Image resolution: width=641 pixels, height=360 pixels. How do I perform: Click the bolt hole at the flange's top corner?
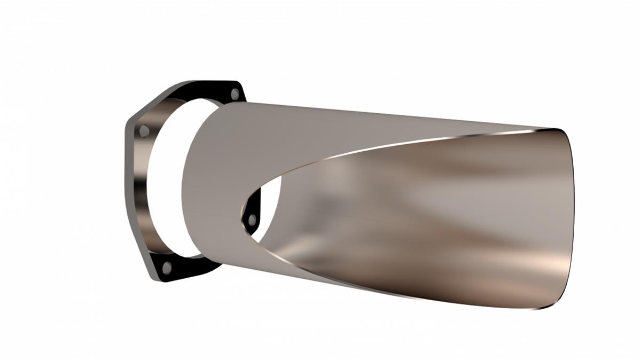tap(234, 95)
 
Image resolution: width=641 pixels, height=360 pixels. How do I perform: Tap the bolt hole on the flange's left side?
tap(144, 130)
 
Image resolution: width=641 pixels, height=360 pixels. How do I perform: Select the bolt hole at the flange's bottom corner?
tap(167, 267)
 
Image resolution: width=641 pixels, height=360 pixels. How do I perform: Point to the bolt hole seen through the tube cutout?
tap(252, 218)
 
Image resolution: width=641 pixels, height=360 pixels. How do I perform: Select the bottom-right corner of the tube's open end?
tap(545, 308)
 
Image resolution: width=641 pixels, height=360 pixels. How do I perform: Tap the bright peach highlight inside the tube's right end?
tap(556, 262)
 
